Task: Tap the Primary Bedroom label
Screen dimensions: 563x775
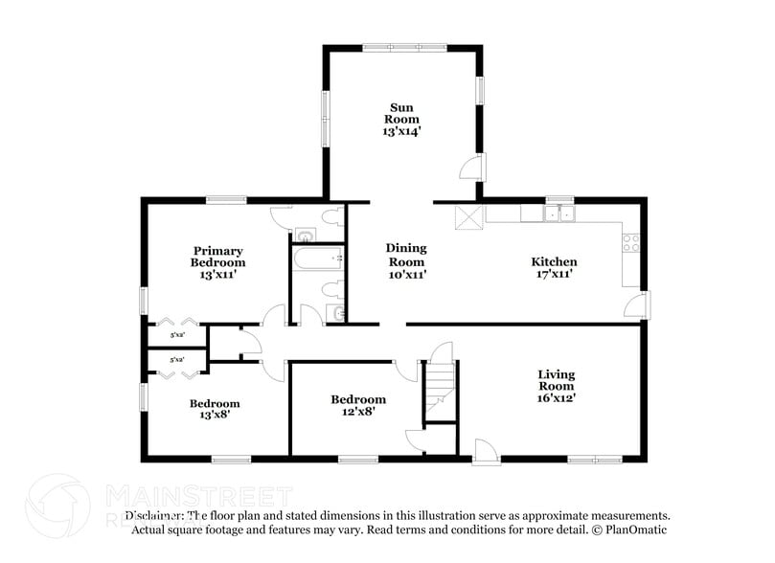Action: point(217,257)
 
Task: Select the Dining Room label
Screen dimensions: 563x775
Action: point(405,255)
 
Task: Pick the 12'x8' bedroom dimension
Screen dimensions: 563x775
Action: point(358,412)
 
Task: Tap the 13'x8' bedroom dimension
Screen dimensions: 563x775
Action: point(214,416)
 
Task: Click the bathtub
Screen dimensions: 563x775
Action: point(317,258)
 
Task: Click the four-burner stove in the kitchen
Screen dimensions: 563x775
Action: point(630,243)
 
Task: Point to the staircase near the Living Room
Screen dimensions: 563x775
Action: point(440,388)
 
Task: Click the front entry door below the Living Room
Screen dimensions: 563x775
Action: point(486,449)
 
